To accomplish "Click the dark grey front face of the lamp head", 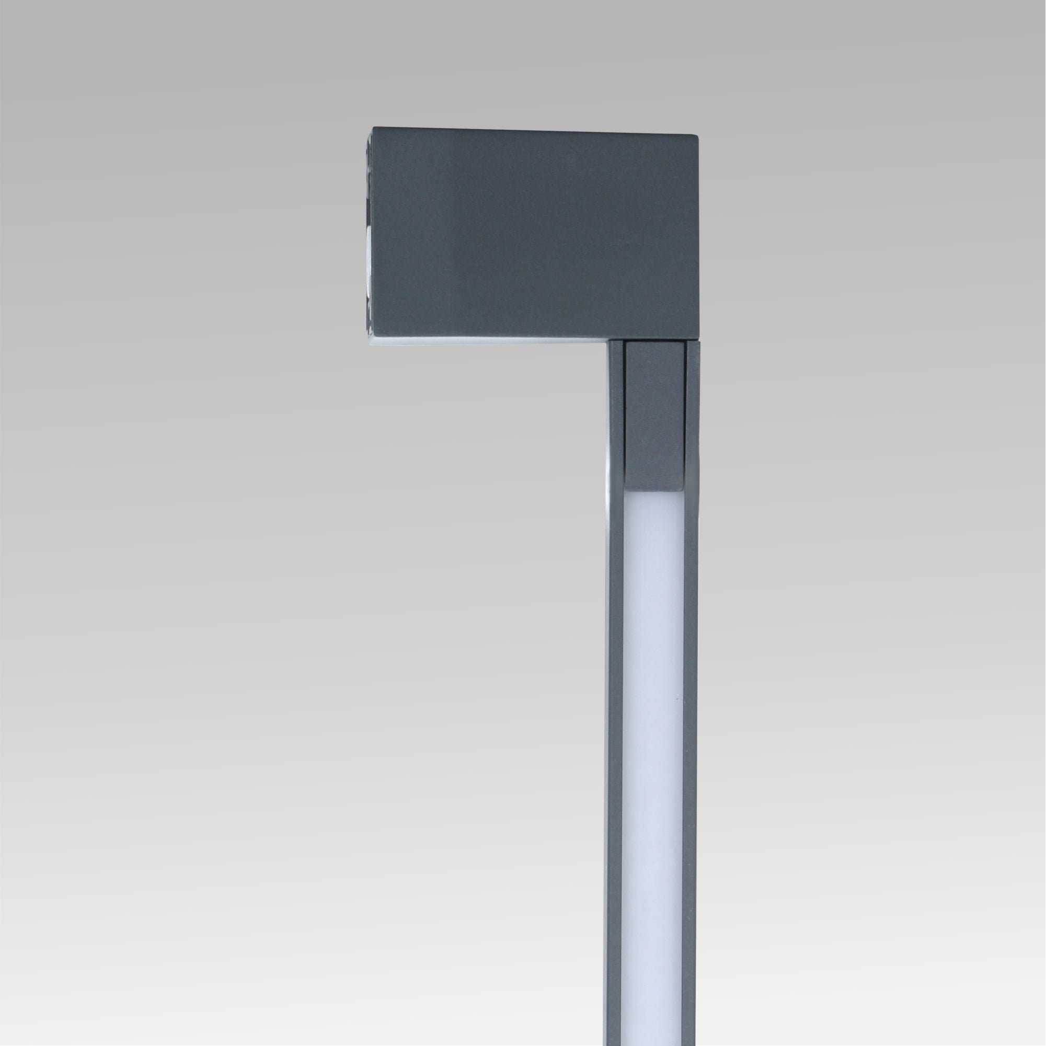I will [536, 233].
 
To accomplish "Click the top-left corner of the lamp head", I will [373, 128].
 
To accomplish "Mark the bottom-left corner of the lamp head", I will [373, 342].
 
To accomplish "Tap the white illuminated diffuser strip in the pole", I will [654, 758].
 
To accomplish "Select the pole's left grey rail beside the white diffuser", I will [615, 758].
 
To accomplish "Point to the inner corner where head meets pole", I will [608, 342].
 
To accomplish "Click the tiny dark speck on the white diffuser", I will [676, 699].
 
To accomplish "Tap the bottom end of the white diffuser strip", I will [654, 1042].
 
